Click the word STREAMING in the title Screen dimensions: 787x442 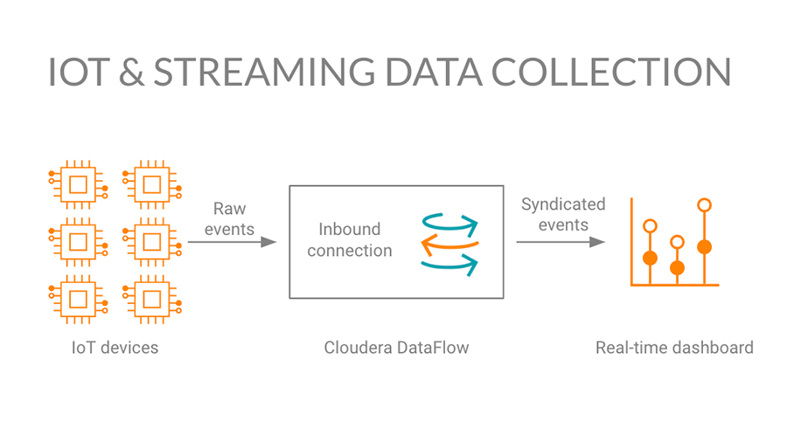point(264,72)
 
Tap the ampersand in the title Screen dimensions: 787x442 point(131,72)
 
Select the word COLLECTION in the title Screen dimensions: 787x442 point(610,72)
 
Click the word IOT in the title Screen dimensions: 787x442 point(79,72)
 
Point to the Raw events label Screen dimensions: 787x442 point(229,218)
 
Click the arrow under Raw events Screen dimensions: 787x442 point(232,242)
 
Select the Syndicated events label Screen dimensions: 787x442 point(563,215)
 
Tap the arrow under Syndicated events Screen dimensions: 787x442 point(561,242)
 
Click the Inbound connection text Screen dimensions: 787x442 point(350,239)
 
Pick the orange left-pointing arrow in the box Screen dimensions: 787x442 point(449,245)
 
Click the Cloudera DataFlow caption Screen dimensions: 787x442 point(396,348)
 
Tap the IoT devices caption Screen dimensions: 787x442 point(115,348)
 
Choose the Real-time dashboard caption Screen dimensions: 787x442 point(674,348)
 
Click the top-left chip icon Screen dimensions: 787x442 point(79,185)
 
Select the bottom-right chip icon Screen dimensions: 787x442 point(152,300)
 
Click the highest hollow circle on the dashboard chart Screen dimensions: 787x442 point(704,205)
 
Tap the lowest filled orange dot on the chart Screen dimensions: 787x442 point(677,267)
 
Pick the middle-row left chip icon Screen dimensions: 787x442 point(79,243)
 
